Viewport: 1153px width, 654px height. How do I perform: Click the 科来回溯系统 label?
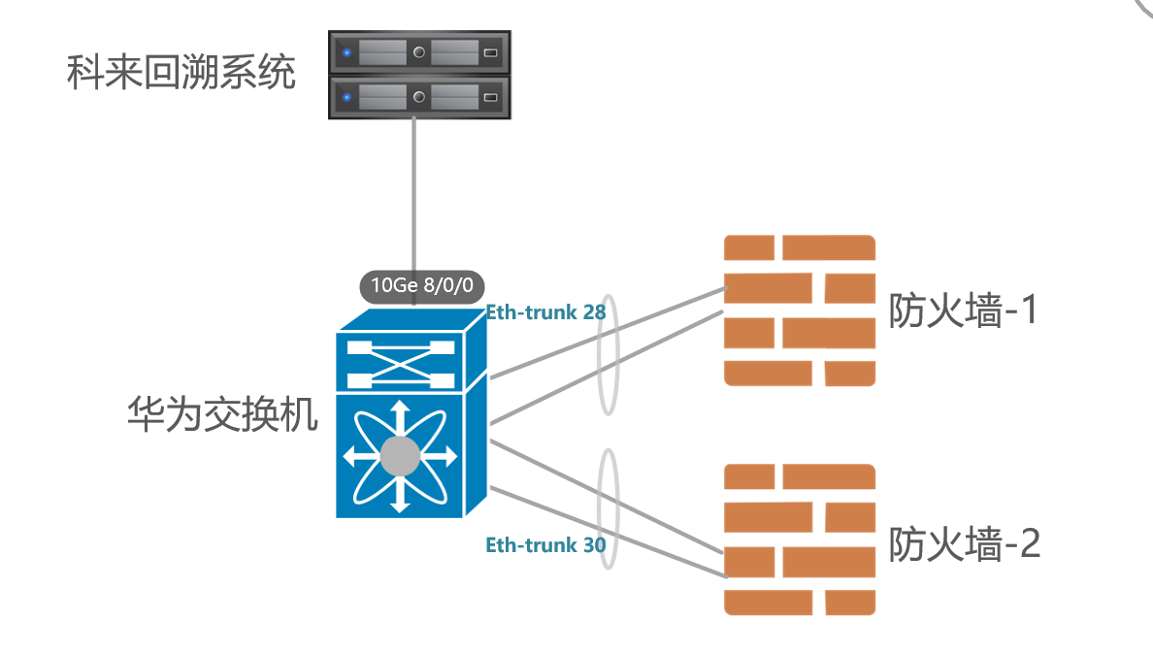(x=181, y=73)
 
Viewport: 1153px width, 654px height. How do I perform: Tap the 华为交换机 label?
(x=222, y=415)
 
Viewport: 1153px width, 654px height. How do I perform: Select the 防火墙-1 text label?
(x=964, y=311)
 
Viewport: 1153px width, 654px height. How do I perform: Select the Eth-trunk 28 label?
(x=545, y=312)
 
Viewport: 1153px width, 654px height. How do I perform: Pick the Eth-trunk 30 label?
(x=545, y=545)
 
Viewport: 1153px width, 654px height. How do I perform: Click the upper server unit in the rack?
(x=419, y=52)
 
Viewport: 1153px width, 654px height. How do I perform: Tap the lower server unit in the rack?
(x=419, y=97)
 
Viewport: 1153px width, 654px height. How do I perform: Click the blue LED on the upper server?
(x=346, y=52)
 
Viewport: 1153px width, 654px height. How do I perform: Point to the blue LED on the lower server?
(x=346, y=97)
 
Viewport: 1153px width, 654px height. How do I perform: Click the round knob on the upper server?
(x=419, y=52)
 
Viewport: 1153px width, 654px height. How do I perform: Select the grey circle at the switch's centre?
(x=399, y=456)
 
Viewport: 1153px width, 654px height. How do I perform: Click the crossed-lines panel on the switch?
(x=399, y=362)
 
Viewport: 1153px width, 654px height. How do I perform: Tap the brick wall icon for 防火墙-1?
(x=800, y=311)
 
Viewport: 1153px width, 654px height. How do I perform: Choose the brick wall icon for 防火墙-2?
(x=800, y=540)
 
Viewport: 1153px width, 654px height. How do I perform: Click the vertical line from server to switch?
(x=414, y=194)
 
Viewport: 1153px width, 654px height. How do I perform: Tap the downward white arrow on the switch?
(x=399, y=500)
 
